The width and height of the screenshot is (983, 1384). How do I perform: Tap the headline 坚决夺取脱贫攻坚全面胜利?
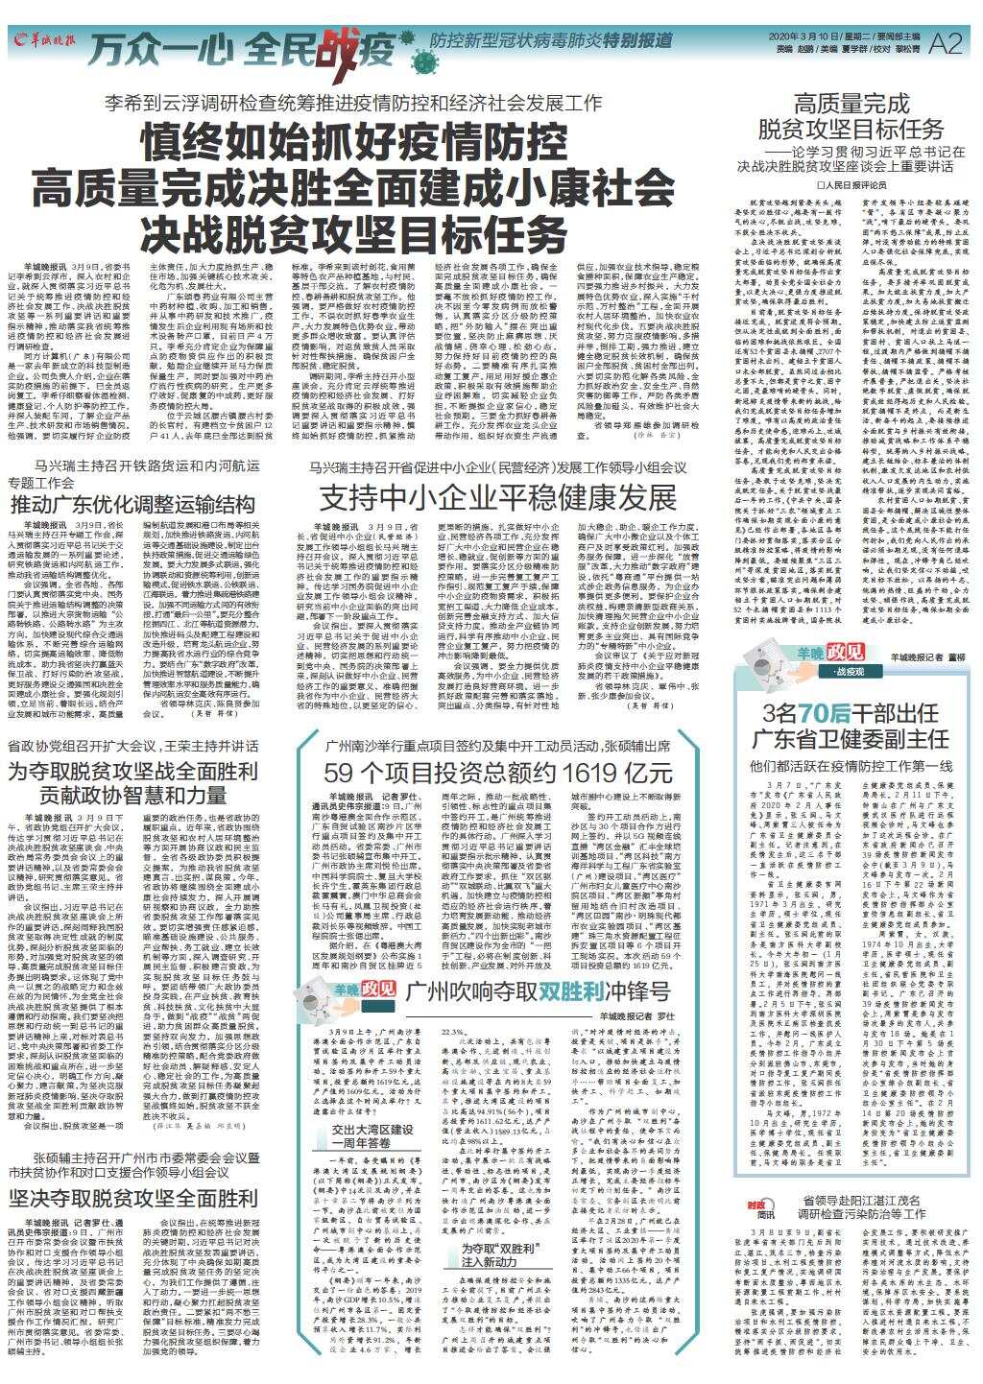coord(133,1198)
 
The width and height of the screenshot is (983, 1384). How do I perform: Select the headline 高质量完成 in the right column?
coord(851,103)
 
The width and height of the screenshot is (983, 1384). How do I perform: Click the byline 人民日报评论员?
coord(852,181)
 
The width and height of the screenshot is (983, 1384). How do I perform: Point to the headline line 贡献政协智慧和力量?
coord(132,795)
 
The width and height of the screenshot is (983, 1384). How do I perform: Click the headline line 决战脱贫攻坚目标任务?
coord(352,230)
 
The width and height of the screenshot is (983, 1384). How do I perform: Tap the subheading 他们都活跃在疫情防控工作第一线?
coord(851,767)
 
